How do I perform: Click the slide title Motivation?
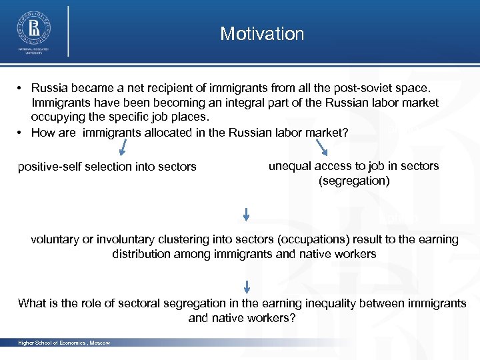(262, 34)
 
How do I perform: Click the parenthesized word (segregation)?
(354, 181)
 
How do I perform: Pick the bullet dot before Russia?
(21, 88)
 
